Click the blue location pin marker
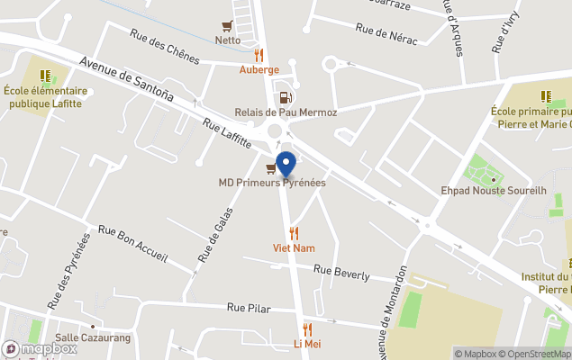pos(286,166)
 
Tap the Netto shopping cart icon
pos(228,26)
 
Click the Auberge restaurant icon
pos(259,56)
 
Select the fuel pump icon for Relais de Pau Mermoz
pos(286,98)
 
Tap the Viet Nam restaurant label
pos(294,247)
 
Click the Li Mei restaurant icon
pos(307,329)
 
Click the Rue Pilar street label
pos(249,308)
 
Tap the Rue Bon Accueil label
pos(132,243)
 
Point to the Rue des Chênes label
pos(164,43)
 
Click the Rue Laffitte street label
pos(227,134)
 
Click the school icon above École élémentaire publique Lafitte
pos(45,76)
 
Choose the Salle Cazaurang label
pos(92,337)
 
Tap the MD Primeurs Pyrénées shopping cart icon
pos(271,167)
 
